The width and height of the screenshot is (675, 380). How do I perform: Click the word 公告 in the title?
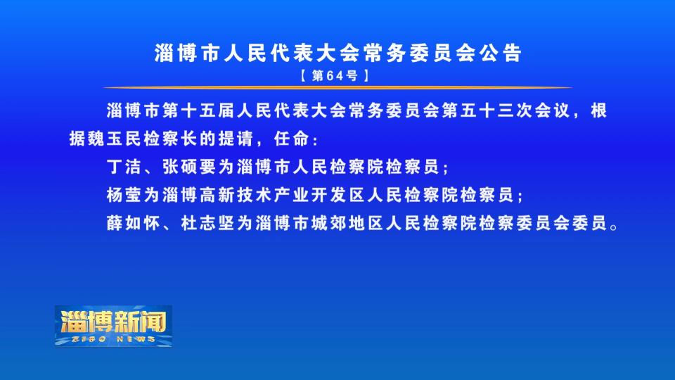[501, 53]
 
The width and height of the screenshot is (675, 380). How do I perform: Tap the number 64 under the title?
[335, 76]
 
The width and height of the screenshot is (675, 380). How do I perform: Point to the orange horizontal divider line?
[337, 87]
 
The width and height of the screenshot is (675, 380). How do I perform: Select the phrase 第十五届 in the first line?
[199, 110]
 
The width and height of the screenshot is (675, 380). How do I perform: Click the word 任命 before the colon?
[292, 139]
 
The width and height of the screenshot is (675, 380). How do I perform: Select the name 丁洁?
[124, 167]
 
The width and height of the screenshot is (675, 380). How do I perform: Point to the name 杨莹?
[124, 195]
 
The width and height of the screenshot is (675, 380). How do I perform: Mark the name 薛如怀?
[134, 223]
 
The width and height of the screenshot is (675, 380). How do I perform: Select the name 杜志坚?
[208, 223]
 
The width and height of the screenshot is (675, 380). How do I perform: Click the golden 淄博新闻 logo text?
[114, 322]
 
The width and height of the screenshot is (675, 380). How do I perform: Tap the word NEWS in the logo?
[136, 339]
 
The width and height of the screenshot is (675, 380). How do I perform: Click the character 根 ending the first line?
[599, 110]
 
